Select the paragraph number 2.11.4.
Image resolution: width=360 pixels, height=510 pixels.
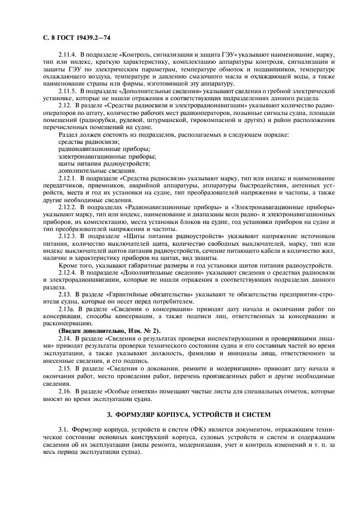(69, 56)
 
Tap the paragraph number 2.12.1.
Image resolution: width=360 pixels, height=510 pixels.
(69, 178)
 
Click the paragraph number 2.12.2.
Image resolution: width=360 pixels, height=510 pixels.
(69, 208)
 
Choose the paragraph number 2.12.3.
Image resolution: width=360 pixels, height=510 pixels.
(69, 236)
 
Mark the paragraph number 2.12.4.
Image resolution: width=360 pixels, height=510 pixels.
(69, 272)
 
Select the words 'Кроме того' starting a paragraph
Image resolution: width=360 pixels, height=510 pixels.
(75, 265)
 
